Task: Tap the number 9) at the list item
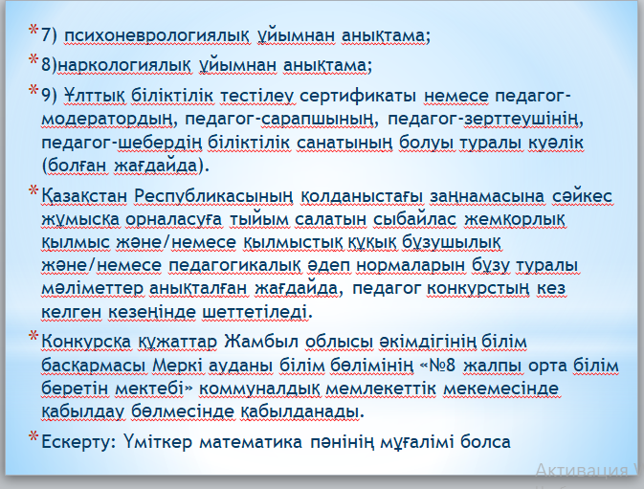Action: coord(50,96)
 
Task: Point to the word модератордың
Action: coord(106,120)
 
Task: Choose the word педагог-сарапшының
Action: coord(278,120)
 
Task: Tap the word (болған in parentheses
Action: coord(75,166)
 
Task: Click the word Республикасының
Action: coord(213,197)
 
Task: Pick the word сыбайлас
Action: coord(415,220)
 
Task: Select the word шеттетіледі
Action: coord(255,312)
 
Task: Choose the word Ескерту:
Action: coord(76,442)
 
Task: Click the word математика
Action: coord(251,442)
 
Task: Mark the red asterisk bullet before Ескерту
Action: coord(33,436)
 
